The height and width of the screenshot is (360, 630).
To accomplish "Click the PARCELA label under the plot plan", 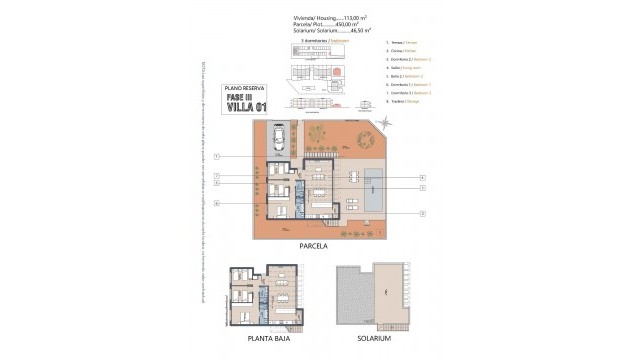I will pyautogui.click(x=314, y=244).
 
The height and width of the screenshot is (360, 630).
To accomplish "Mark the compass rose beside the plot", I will pyautogui.click(x=387, y=122).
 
